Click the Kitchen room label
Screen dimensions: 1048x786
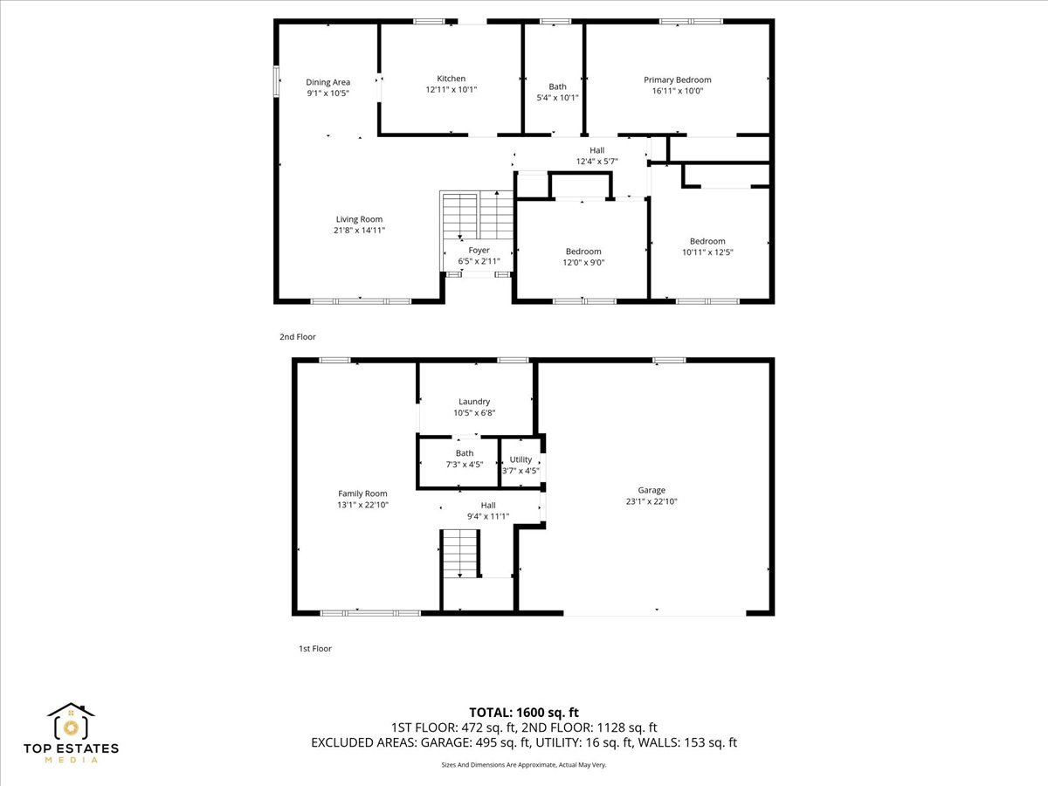tap(451, 79)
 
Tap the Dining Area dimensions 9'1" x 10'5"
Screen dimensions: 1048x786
tap(327, 93)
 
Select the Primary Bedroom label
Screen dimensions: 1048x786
tap(677, 79)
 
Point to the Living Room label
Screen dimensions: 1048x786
tap(359, 219)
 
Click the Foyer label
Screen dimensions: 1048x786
tap(479, 250)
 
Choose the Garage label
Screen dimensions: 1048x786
tap(652, 490)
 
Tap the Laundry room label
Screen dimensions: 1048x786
tap(474, 402)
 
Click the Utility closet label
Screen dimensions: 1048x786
tap(521, 459)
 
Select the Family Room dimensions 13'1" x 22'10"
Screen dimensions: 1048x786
tap(362, 505)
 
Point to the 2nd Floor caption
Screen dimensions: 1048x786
tap(298, 337)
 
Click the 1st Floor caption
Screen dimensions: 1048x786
tap(315, 649)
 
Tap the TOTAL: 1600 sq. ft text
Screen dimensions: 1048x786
tap(524, 713)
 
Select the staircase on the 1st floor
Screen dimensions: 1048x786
tap(459, 554)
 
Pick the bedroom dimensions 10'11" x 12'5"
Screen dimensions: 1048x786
tap(707, 252)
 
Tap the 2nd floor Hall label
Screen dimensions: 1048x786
tap(596, 150)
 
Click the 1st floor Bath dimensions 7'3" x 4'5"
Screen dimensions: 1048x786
tap(464, 465)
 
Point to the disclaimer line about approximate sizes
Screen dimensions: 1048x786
tap(524, 765)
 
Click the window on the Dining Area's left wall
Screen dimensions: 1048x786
tap(276, 81)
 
